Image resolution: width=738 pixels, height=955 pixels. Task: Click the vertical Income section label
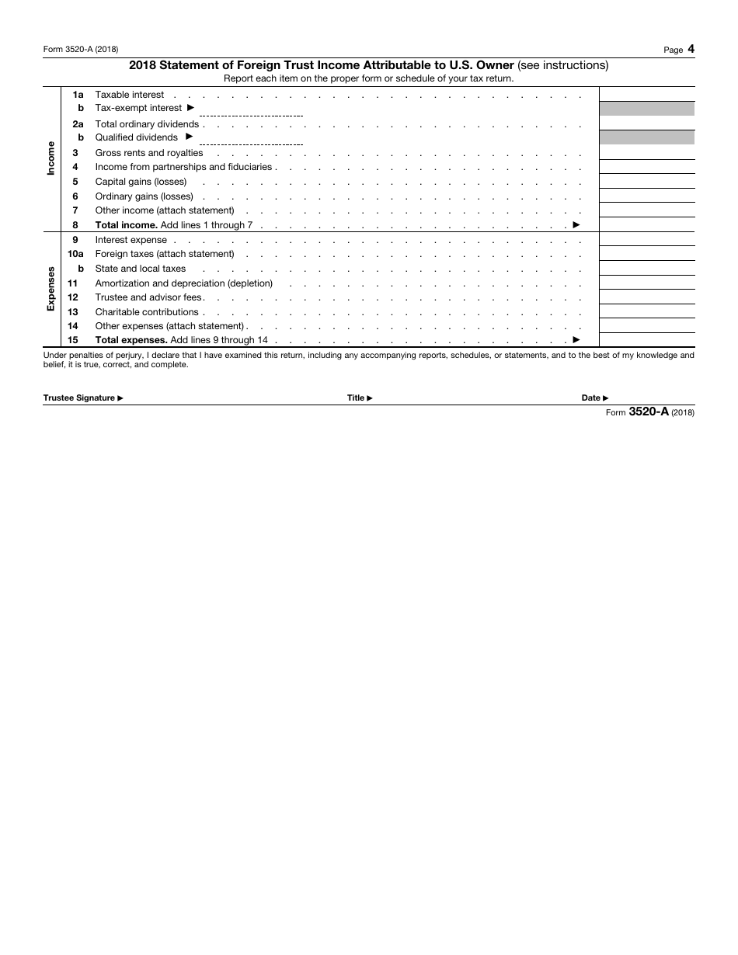pos(51,158)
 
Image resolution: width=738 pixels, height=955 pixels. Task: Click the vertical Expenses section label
pos(51,288)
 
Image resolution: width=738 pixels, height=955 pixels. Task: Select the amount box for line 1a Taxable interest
pos(646,94)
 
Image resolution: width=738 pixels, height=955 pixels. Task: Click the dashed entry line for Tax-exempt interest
pos(251,114)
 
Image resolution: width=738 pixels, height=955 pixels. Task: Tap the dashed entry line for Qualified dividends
pos(251,144)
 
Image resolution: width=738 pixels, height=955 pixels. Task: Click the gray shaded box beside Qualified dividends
pos(646,137)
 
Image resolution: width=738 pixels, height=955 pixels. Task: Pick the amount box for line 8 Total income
pos(646,225)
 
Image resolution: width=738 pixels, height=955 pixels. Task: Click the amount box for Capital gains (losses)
pos(646,182)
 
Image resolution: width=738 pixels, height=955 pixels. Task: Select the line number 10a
pos(75,254)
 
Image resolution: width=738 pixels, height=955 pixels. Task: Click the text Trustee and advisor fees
pos(148,297)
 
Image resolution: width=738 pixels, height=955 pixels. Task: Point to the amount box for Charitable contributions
pos(646,312)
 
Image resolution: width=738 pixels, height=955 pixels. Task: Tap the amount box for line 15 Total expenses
pos(646,340)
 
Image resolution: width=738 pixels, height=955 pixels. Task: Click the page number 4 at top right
pos(691,49)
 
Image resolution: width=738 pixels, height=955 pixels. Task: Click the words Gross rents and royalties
pos(148,153)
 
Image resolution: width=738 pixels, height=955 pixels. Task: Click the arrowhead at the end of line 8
pos(576,224)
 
